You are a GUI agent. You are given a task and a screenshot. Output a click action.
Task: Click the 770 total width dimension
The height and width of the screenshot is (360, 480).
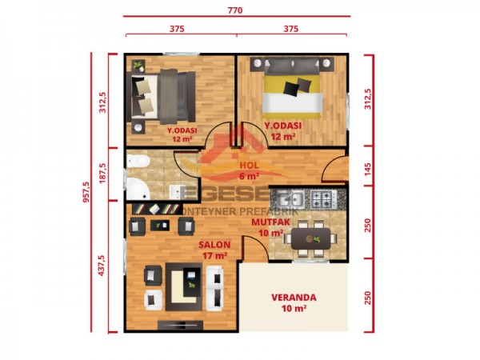tap(235, 12)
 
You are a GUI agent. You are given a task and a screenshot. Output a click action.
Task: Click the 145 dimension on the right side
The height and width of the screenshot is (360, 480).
tap(368, 169)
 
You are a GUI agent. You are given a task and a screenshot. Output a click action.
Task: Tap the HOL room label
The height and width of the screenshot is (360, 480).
tap(249, 166)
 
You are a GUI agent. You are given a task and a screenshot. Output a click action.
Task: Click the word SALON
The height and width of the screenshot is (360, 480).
tap(215, 245)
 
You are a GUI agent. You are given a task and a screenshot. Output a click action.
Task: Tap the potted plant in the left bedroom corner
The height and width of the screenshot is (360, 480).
tap(138, 65)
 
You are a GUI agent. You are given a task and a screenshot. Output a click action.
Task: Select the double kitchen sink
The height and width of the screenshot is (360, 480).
tap(286, 198)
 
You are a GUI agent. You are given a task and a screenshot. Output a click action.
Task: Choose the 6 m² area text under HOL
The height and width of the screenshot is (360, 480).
tap(249, 175)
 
